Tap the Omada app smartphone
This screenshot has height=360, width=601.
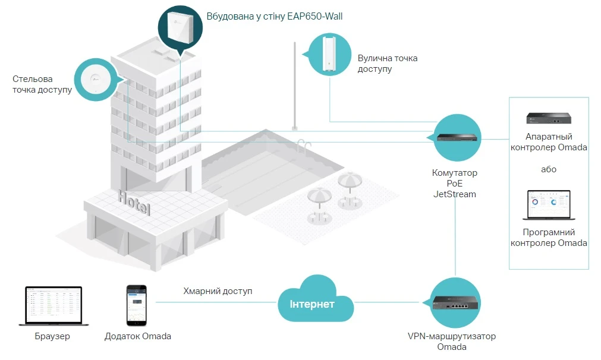(x=136, y=305)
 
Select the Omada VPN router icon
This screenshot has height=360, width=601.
(x=455, y=304)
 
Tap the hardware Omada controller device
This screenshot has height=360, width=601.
(x=548, y=119)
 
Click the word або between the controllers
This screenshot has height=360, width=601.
(x=548, y=169)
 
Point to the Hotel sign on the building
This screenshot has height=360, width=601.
(x=134, y=203)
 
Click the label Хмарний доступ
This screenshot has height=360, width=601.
(x=218, y=291)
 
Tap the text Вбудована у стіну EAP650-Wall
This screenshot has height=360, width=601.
(x=274, y=17)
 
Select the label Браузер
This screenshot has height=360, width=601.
(x=52, y=336)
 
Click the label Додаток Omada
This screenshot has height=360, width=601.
(x=137, y=336)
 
